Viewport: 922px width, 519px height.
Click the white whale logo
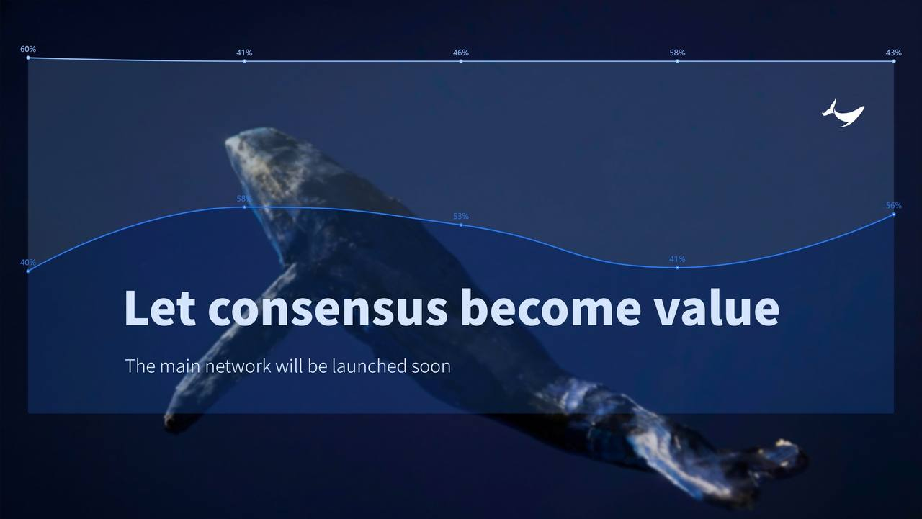[x=843, y=113]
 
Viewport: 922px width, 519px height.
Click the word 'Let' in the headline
[x=160, y=308]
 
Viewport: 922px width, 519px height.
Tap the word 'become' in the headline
[x=550, y=308]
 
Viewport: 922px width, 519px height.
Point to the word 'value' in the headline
[x=717, y=307]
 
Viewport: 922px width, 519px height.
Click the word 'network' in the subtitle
[x=238, y=366]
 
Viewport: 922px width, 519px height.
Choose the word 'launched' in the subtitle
[x=364, y=366]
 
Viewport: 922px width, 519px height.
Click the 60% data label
[x=28, y=49]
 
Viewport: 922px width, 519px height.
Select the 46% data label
[x=460, y=53]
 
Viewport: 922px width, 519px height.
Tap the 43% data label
[x=894, y=53]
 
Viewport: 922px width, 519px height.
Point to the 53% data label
[x=460, y=216]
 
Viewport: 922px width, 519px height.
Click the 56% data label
[x=894, y=206]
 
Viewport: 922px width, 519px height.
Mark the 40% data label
[x=28, y=262]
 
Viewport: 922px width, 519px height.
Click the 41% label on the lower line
[x=677, y=259]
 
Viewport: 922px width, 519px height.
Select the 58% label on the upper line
[x=677, y=53]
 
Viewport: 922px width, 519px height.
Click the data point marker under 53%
[x=460, y=225]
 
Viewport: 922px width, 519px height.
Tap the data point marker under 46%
[x=460, y=61]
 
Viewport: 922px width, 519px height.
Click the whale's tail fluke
[x=761, y=469]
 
